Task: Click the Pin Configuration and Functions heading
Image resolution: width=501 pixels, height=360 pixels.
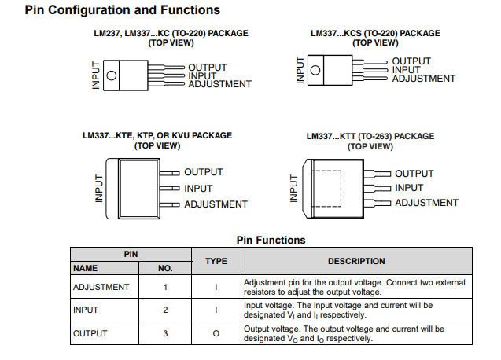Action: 122,10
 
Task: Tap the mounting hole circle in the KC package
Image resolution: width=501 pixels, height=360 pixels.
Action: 112,75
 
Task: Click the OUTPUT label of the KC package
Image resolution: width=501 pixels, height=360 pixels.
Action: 208,68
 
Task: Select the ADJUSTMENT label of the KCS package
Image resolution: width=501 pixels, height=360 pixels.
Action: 423,79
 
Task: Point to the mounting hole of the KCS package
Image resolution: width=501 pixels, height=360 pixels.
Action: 315,70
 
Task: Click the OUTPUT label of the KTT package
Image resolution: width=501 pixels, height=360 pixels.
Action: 414,174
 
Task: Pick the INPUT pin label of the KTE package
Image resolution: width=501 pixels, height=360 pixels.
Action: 198,189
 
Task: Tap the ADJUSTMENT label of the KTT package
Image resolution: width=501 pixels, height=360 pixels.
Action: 426,203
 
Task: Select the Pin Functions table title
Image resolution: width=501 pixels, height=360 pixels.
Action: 271,240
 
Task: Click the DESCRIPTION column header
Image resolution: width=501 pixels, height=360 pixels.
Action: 356,261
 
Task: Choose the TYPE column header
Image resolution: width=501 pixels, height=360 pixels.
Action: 216,261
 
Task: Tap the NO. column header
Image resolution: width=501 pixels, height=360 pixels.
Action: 165,268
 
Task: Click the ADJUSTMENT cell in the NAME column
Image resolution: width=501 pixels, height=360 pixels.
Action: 101,287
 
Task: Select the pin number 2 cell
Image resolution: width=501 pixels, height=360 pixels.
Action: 165,310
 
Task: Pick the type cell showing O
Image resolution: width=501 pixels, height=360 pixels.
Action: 216,333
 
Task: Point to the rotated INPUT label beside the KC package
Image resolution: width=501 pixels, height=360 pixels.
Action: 96,75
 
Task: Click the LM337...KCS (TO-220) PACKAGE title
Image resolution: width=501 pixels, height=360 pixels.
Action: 375,34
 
